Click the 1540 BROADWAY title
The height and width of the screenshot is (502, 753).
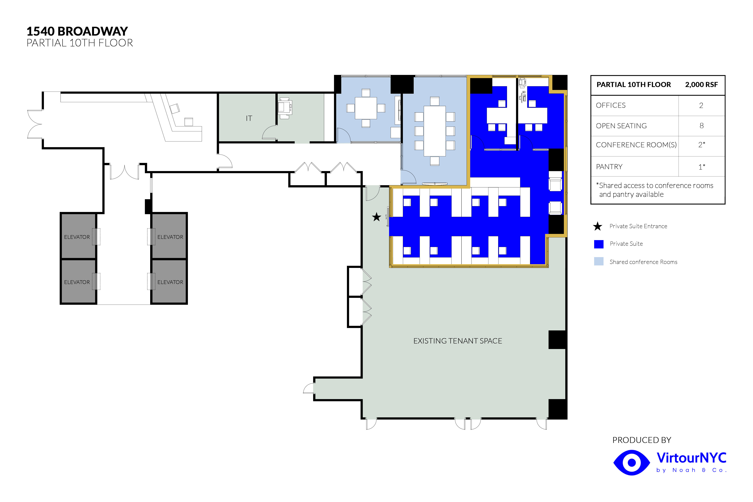coord(77,31)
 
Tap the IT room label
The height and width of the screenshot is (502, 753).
coord(249,118)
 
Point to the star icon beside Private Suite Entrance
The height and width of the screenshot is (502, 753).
coord(597,226)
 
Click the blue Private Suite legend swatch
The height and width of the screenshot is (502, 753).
coord(599,244)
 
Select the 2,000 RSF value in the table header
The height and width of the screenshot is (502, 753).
coord(701,84)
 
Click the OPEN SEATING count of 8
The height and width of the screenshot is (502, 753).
coord(701,126)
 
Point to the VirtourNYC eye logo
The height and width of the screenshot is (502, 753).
coord(631,463)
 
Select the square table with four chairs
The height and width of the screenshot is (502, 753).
coord(366,108)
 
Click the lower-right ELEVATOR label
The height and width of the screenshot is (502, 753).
coord(170,282)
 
